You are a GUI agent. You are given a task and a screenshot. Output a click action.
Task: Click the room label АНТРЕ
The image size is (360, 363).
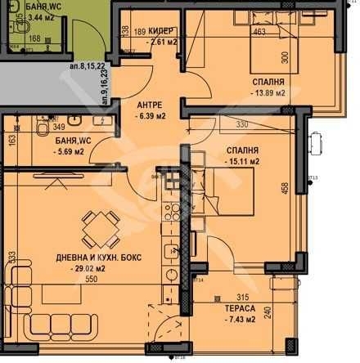coord(150,105)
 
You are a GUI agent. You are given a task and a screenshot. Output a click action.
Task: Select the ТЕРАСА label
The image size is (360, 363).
coord(241,308)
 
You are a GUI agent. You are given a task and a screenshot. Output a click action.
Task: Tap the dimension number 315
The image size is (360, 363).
coord(241,297)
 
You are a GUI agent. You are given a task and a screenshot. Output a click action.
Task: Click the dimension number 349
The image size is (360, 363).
coord(35,127)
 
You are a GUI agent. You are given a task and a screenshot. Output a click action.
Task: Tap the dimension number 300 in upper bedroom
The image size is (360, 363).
coord(286,58)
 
